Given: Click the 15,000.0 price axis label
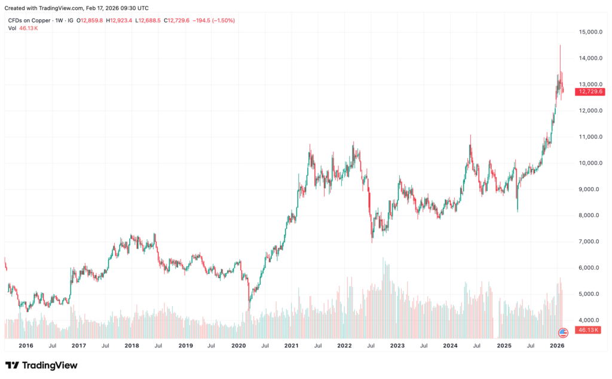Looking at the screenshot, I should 590,32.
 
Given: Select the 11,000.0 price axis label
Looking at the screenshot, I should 590,137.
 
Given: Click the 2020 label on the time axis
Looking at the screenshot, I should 238,346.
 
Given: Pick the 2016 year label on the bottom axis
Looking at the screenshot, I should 26,346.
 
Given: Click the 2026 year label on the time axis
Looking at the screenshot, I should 557,346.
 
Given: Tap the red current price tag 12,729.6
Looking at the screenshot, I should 589,92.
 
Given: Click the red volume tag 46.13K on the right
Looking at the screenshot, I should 588,330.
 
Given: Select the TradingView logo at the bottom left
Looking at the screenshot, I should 41,365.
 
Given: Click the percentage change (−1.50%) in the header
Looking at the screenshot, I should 222,20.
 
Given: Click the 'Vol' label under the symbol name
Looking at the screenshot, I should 11,28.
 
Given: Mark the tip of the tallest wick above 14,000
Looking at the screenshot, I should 560,45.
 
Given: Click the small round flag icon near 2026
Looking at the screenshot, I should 562,332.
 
